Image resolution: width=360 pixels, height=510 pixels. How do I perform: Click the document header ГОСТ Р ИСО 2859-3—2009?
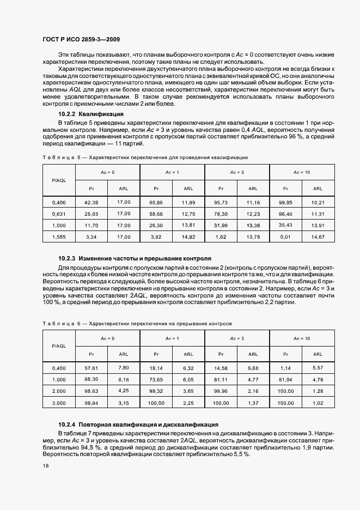pyautogui.click(x=81, y=40)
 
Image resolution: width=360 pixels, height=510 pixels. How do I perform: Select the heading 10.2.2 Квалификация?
pyautogui.click(x=91, y=114)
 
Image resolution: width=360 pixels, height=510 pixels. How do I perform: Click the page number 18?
pyautogui.click(x=45, y=466)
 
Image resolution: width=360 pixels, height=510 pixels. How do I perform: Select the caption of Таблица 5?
pyautogui.click(x=145, y=157)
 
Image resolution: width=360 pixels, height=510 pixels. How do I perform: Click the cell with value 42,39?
pyautogui.click(x=91, y=202)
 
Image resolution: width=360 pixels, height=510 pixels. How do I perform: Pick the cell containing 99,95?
pyautogui.click(x=285, y=202)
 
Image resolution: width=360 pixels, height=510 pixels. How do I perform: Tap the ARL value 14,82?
pyautogui.click(x=188, y=237)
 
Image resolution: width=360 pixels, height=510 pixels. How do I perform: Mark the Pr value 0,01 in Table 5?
pyautogui.click(x=285, y=237)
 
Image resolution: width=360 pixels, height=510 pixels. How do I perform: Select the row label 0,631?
pyautogui.click(x=59, y=214)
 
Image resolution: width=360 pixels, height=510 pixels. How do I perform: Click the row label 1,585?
pyautogui.click(x=59, y=237)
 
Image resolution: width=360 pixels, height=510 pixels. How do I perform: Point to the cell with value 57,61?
pyautogui.click(x=91, y=368)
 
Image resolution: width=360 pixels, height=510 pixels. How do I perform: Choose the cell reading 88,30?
pyautogui.click(x=91, y=380)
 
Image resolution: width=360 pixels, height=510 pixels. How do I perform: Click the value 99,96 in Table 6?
pyautogui.click(x=221, y=391)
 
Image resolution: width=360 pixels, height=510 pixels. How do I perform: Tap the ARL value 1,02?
pyautogui.click(x=318, y=403)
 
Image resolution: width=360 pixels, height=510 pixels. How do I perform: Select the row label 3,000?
pyautogui.click(x=59, y=403)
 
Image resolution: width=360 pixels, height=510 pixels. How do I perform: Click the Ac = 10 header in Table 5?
pyautogui.click(x=302, y=172)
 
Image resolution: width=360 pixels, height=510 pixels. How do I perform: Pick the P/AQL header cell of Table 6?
pyautogui.click(x=59, y=346)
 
